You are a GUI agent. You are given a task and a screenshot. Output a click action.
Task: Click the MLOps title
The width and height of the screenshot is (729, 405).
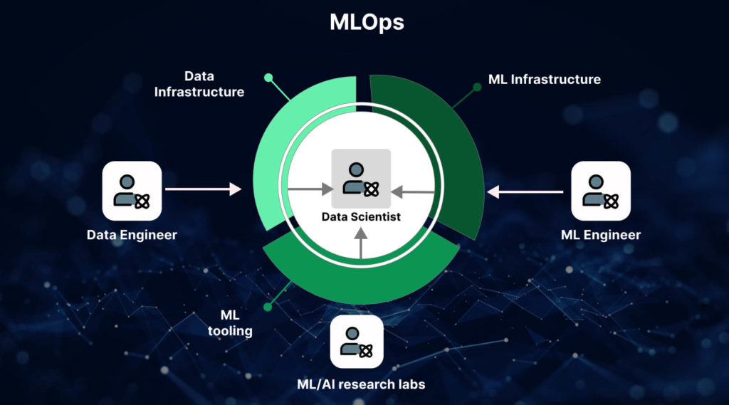367,22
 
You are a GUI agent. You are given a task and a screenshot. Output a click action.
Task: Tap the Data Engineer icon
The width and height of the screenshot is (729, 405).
132,191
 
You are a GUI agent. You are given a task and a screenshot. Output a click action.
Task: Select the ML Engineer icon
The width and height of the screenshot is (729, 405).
601,191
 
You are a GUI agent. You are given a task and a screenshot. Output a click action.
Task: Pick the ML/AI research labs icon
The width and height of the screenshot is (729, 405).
357,342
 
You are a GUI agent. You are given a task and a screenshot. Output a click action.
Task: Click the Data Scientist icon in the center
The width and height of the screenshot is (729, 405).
360,179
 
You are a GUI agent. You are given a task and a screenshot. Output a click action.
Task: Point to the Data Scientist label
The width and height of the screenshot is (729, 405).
361,216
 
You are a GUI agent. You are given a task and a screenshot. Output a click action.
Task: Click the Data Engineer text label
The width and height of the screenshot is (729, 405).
132,234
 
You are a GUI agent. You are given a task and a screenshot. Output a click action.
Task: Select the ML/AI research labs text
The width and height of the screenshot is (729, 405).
361,384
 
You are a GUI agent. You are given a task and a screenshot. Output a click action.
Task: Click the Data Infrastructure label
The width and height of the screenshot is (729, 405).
199,84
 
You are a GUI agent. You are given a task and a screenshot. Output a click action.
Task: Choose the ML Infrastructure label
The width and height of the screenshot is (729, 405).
545,79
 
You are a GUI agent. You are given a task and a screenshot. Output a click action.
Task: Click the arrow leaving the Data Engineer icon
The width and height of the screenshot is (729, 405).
204,189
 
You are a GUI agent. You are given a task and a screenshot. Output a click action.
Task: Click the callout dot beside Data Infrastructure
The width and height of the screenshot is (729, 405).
268,78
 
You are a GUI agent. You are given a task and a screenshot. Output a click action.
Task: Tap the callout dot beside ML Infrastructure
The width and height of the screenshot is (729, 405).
477,88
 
